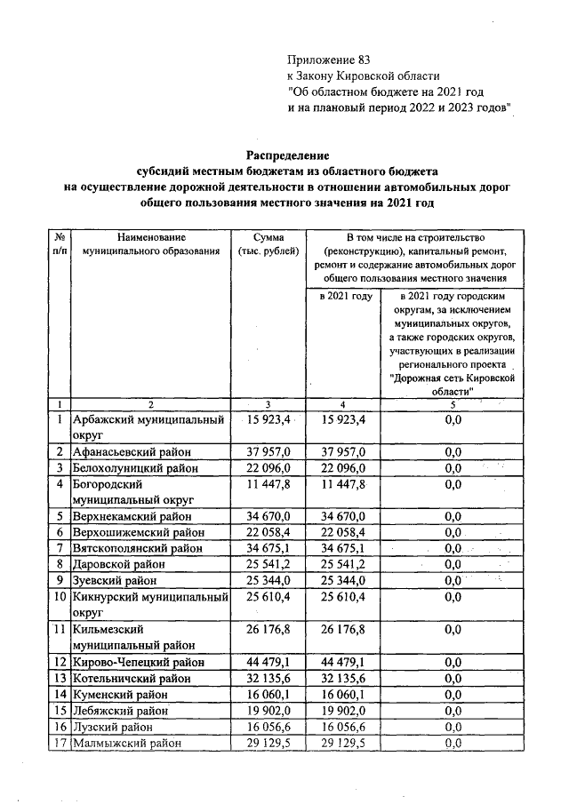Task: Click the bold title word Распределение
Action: click(284, 155)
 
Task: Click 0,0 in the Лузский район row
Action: click(453, 727)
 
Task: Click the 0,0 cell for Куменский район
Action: click(453, 694)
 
